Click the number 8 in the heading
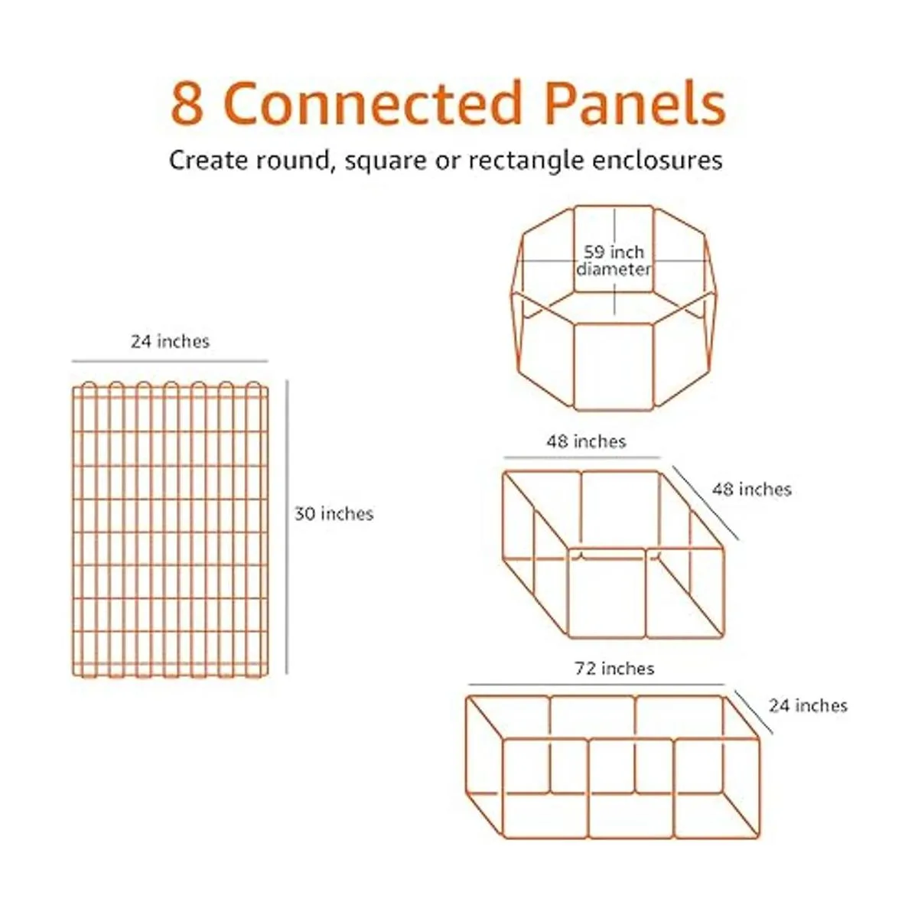pos(187,103)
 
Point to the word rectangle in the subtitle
pos(526,161)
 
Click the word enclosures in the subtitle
pos(657,160)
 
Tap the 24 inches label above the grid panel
pos(170,341)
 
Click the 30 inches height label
pos(334,513)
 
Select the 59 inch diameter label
pos(614,261)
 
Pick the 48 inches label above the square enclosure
pos(586,441)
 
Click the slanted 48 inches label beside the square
pos(752,490)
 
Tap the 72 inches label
pos(614,669)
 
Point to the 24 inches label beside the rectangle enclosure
pos(808,705)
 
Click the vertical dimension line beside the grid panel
pos(287,527)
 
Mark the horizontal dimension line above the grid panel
pos(170,361)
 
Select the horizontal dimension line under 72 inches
pos(597,685)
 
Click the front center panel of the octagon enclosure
pos(614,366)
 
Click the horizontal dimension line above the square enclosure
pos(582,457)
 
